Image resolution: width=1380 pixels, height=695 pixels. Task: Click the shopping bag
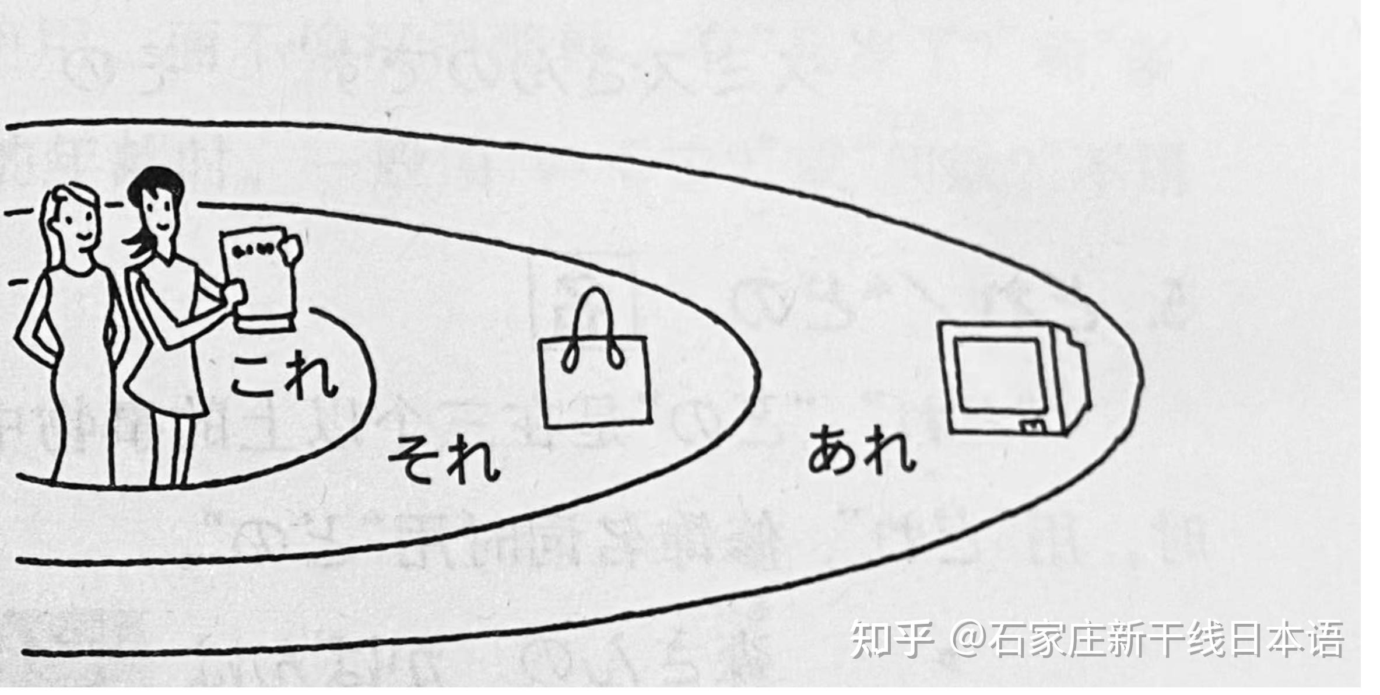[596, 379]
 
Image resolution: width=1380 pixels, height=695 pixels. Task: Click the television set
[1014, 379]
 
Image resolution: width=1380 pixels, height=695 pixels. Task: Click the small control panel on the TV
[1033, 425]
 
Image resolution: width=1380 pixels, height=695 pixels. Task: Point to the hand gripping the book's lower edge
[233, 292]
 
